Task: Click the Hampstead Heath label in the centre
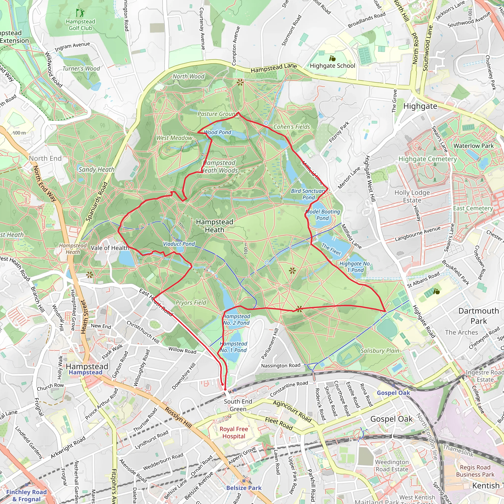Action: [x=214, y=226]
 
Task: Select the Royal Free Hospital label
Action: [x=234, y=433]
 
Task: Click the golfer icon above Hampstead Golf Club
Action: [x=80, y=13]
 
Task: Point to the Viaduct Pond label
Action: [x=179, y=244]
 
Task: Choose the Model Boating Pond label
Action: [x=323, y=215]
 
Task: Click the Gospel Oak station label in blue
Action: [x=394, y=393]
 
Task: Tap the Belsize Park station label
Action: [x=244, y=488]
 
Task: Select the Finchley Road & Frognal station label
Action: [x=26, y=495]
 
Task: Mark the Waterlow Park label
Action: [x=473, y=146]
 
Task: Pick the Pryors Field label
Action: [x=191, y=303]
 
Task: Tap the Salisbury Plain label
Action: [x=379, y=351]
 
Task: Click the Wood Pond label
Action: [x=218, y=132]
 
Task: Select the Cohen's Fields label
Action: [x=292, y=127]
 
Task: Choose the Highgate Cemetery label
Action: [x=427, y=159]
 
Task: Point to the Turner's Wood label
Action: [x=81, y=69]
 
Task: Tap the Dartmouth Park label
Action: [x=478, y=316]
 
